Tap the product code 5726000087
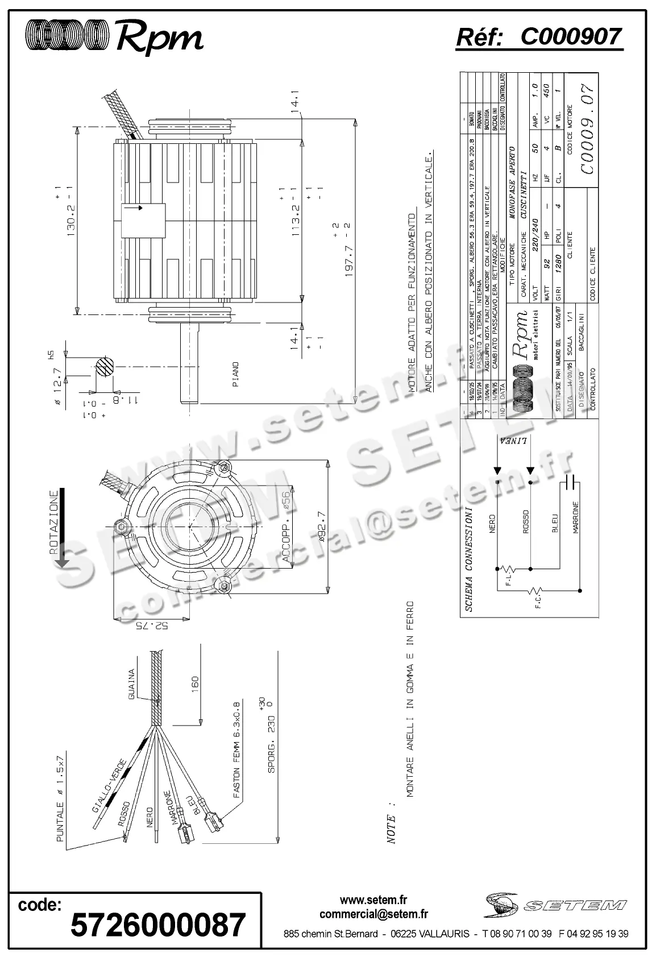pyautogui.click(x=157, y=924)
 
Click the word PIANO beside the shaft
pyautogui.click(x=235, y=374)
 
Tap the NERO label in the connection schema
pyautogui.click(x=492, y=524)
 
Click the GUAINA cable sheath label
pyautogui.click(x=131, y=685)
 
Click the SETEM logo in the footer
pyautogui.click(x=555, y=905)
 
